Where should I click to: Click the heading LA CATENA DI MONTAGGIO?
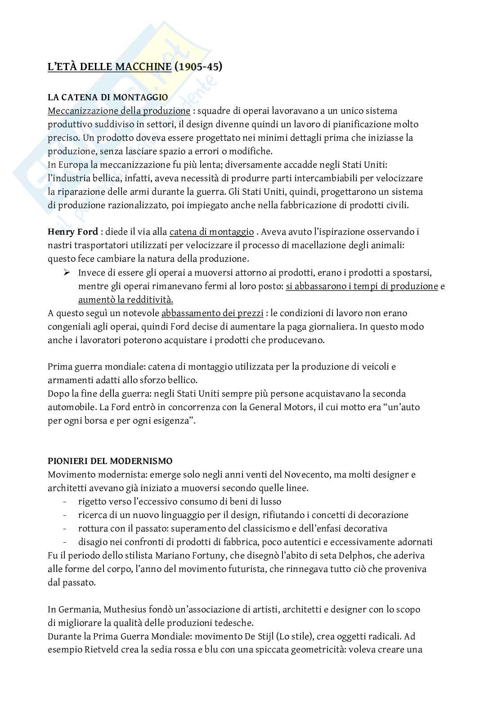pyautogui.click(x=108, y=97)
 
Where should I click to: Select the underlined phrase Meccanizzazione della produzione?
pyautogui.click(x=119, y=111)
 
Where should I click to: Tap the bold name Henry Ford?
pyautogui.click(x=73, y=232)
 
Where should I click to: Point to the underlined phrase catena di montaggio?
pyautogui.click(x=211, y=232)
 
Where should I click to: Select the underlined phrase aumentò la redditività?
pyautogui.click(x=126, y=300)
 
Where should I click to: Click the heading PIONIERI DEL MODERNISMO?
pyautogui.click(x=110, y=461)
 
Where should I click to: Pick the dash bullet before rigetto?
pyautogui.click(x=65, y=502)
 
